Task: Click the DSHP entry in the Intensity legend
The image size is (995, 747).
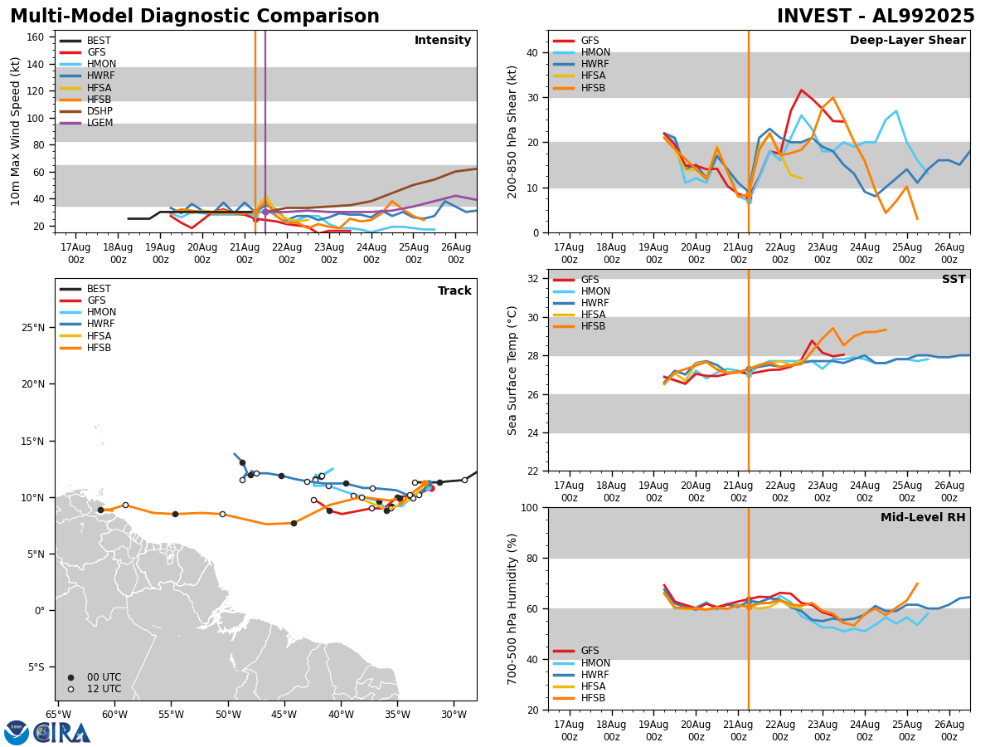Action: (99, 111)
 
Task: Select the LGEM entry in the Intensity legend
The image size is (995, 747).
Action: (99, 123)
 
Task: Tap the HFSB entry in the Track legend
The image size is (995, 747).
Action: (99, 348)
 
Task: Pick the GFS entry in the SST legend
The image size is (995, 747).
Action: (590, 280)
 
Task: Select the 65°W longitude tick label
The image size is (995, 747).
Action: (58, 715)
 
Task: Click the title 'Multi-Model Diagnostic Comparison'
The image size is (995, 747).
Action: (195, 17)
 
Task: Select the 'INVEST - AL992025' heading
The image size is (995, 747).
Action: (876, 17)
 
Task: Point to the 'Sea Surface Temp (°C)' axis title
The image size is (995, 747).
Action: (513, 370)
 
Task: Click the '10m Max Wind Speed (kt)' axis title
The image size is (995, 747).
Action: (17, 131)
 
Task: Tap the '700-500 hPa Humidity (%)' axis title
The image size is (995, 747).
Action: (513, 608)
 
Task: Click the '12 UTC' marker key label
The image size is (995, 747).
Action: (104, 689)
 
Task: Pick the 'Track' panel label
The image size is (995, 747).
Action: (454, 291)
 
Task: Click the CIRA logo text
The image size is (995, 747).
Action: (62, 733)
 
